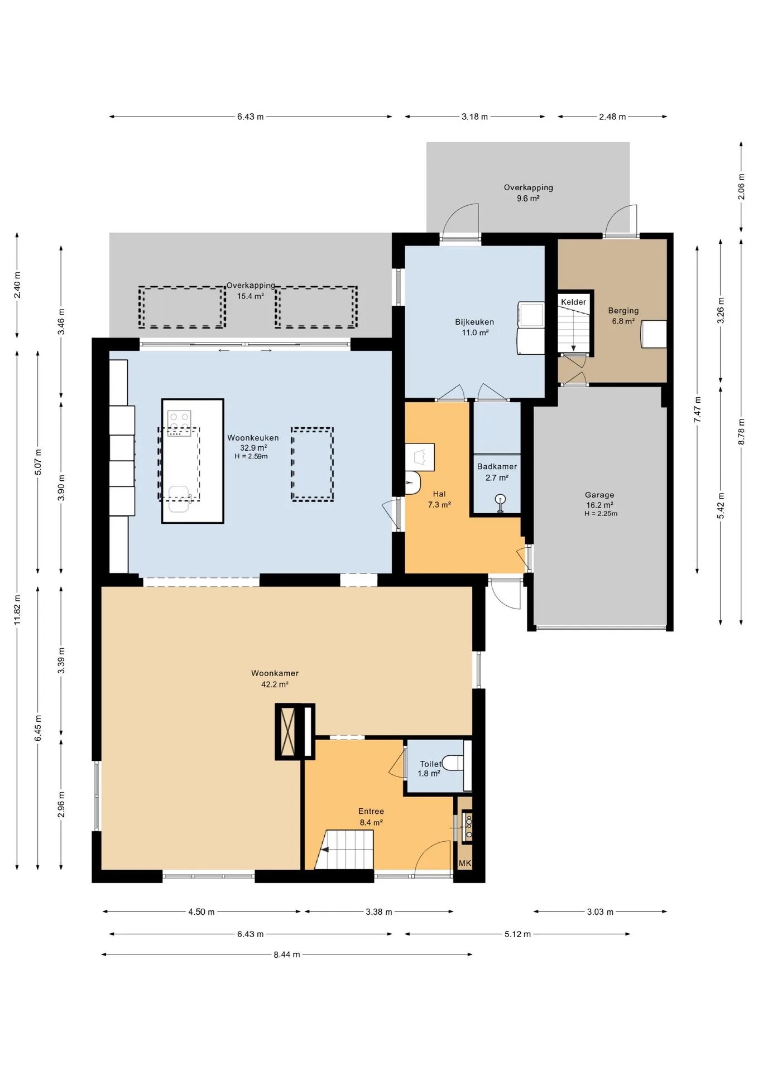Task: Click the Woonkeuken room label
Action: [x=253, y=438]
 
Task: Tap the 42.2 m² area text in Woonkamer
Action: [x=275, y=684]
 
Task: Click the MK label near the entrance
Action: [x=465, y=863]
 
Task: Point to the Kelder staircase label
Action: [x=573, y=302]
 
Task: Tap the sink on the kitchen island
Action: [x=180, y=499]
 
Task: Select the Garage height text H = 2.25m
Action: [x=601, y=514]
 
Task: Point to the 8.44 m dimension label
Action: [x=287, y=954]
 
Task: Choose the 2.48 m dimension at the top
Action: [x=612, y=117]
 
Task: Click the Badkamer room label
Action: [x=497, y=466]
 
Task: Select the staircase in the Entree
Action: [x=344, y=850]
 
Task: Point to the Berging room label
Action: [x=623, y=310]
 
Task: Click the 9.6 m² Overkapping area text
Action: [x=527, y=199]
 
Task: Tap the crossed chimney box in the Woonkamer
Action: [x=289, y=731]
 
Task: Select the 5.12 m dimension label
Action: [x=517, y=934]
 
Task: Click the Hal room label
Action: [x=439, y=494]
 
